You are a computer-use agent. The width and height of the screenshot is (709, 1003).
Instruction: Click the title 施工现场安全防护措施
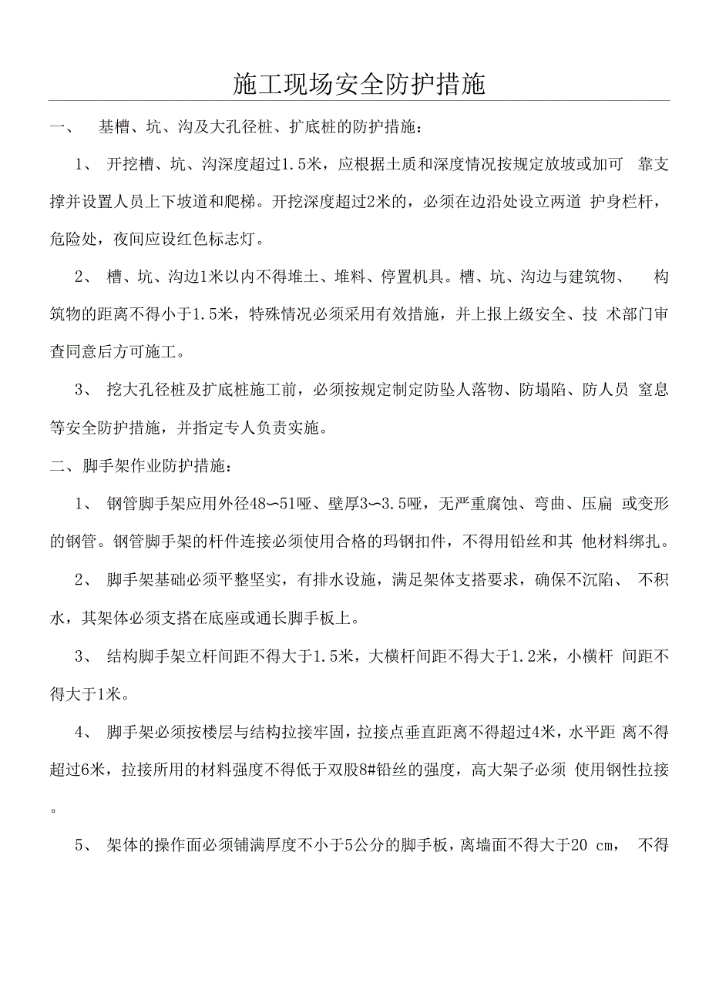coord(358,85)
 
